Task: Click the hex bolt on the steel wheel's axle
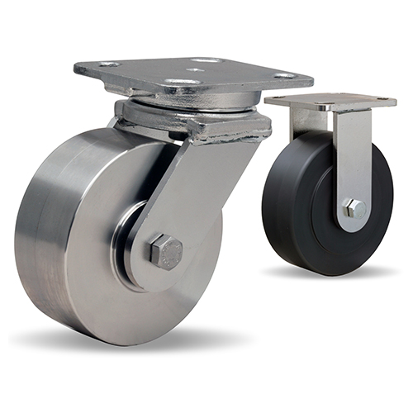click(x=165, y=251)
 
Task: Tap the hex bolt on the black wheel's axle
click(x=354, y=209)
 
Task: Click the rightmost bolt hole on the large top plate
click(x=285, y=76)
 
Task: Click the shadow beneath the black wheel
click(x=330, y=273)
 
